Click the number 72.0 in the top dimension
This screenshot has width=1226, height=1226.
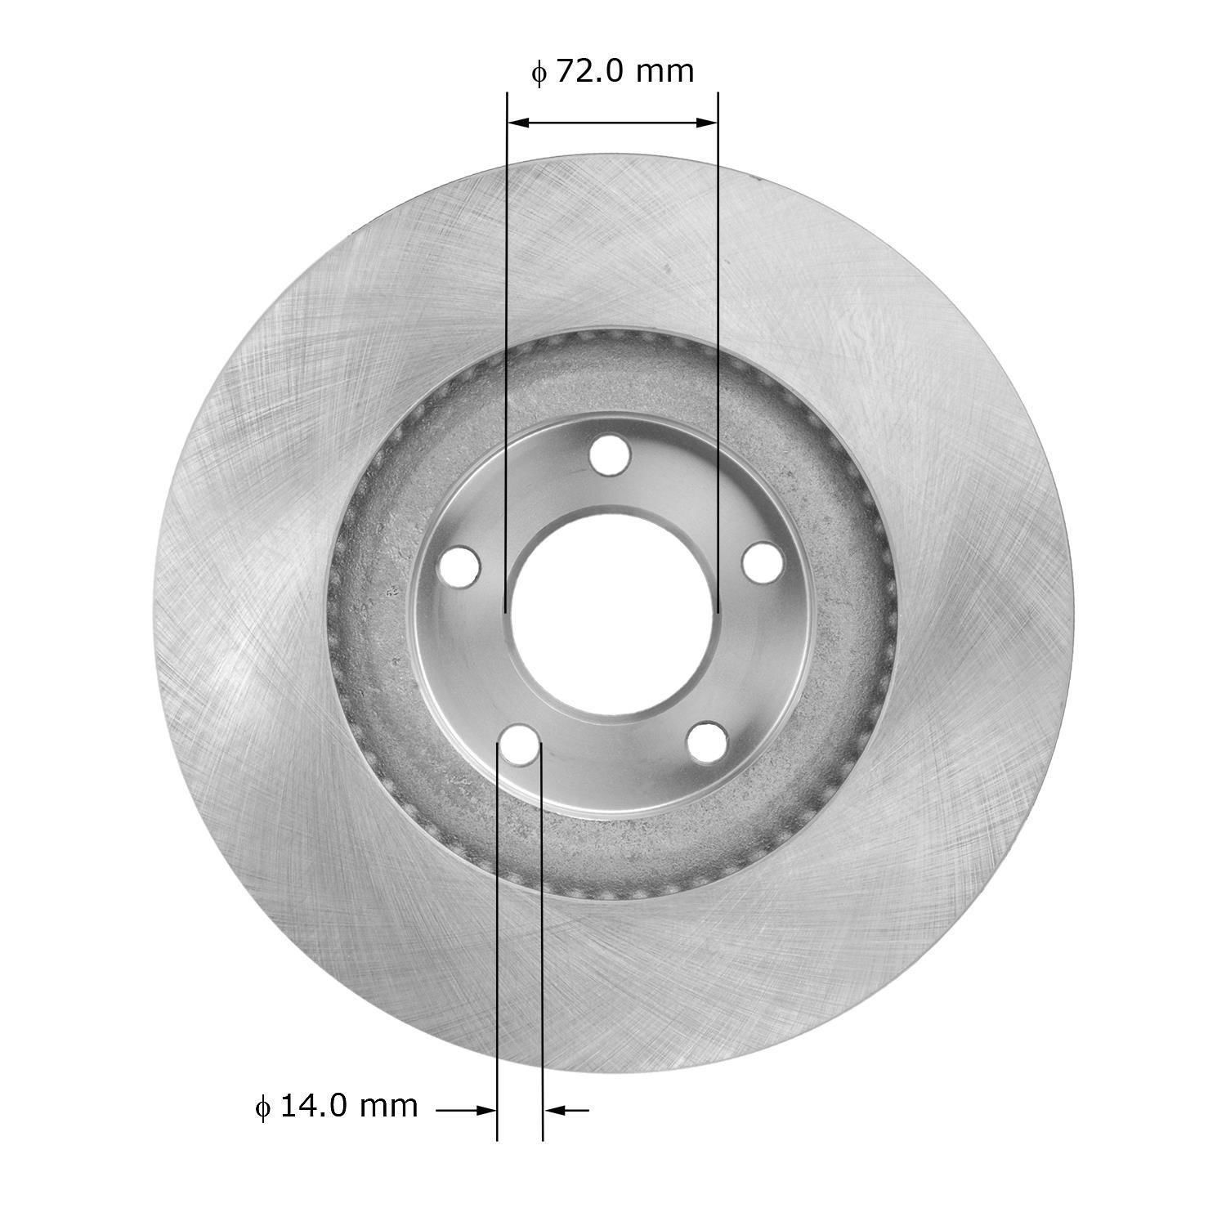591,72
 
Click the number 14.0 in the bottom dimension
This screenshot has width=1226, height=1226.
315,1106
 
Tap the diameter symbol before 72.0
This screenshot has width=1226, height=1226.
537,74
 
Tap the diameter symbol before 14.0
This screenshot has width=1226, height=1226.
262,1107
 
